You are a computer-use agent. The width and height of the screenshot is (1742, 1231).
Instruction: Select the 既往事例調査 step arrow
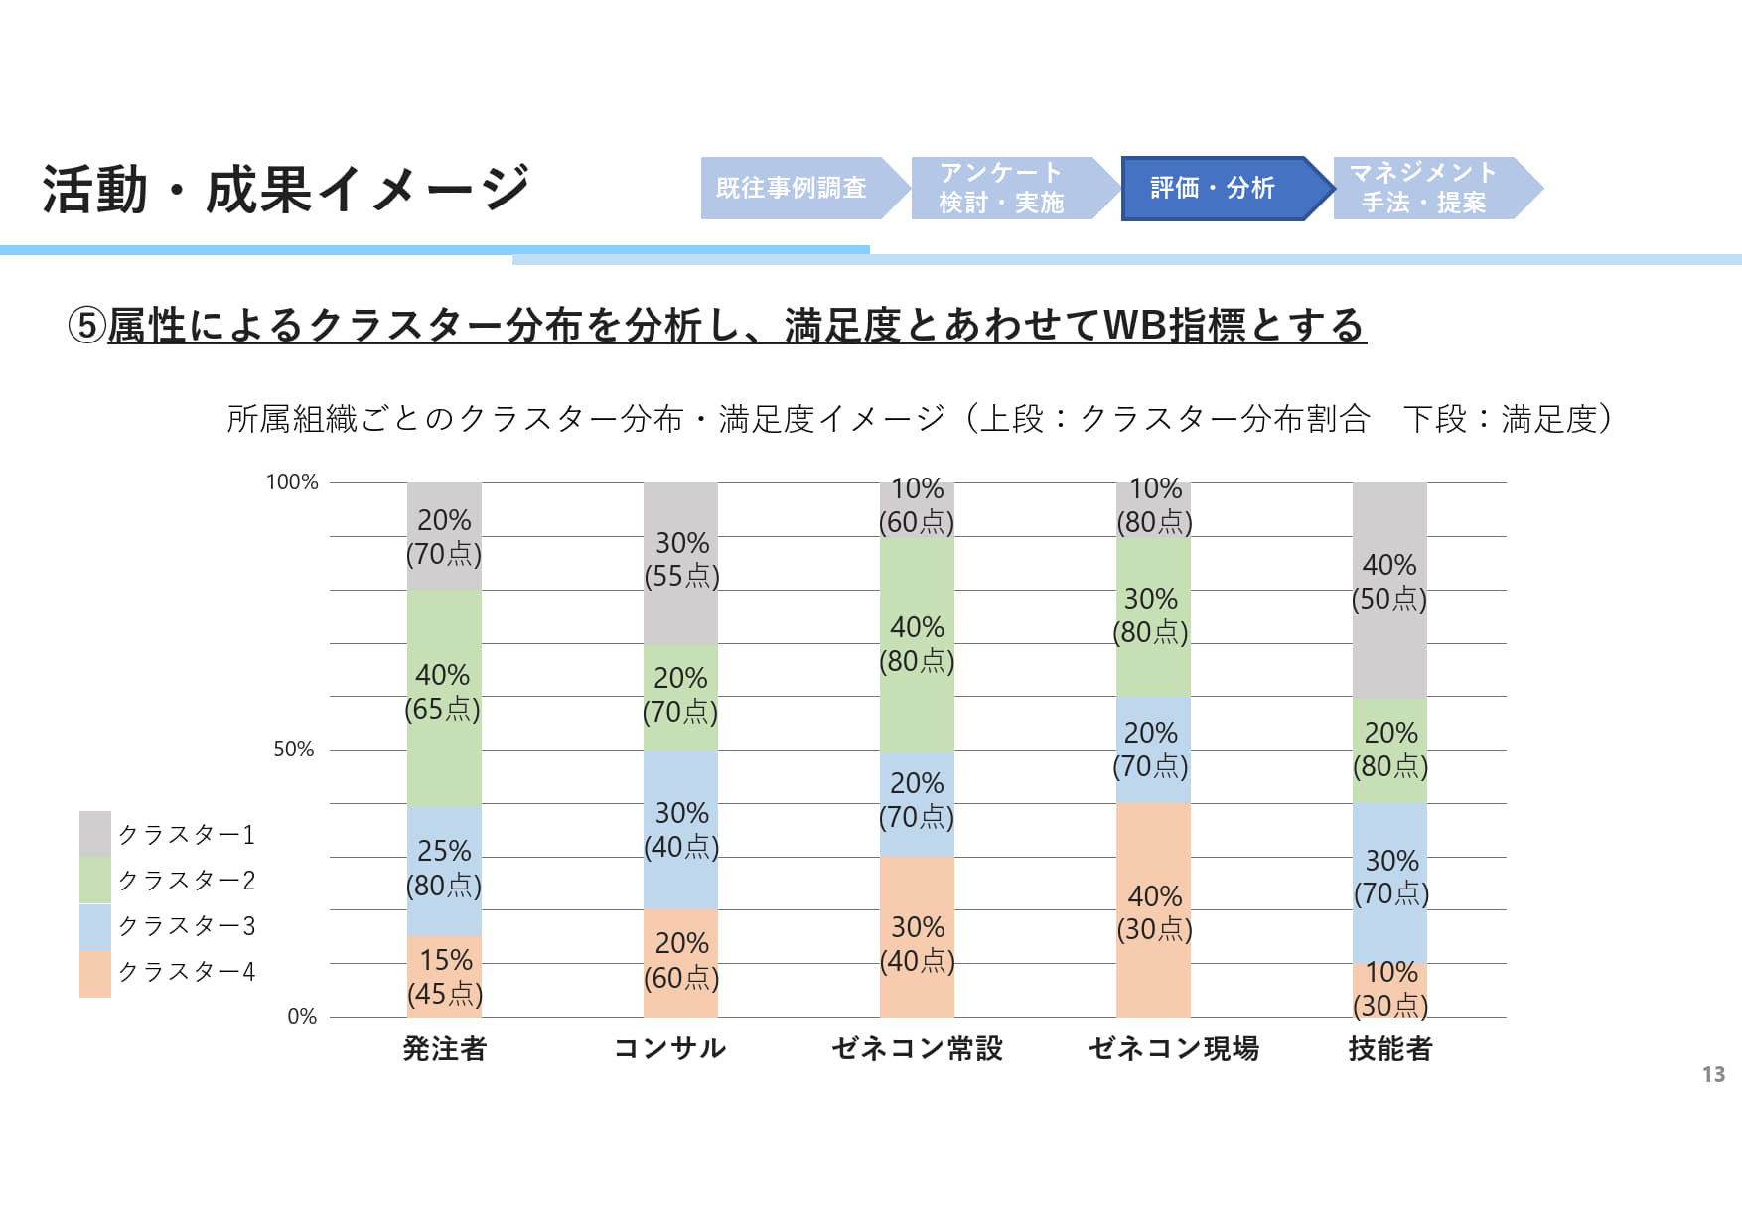tap(795, 188)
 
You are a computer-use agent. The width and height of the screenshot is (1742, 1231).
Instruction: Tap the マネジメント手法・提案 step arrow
tap(1428, 188)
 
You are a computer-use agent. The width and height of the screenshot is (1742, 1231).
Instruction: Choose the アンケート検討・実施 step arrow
tap(1005, 188)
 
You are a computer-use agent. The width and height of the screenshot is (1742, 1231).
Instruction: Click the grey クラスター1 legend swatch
tap(95, 834)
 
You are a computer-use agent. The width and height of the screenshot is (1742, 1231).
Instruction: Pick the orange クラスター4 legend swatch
tap(95, 973)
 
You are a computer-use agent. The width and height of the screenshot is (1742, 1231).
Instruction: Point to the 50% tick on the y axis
tap(294, 750)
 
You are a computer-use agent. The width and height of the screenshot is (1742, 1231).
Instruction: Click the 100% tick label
tap(292, 482)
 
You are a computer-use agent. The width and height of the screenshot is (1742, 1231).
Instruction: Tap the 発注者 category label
tap(444, 1048)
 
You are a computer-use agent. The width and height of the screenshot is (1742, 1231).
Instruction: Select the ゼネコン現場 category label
tap(1173, 1048)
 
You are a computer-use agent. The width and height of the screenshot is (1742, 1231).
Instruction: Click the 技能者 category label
tap(1389, 1048)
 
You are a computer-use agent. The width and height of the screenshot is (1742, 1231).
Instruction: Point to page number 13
tap(1713, 1074)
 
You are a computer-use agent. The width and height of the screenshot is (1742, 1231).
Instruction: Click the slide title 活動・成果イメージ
tap(286, 189)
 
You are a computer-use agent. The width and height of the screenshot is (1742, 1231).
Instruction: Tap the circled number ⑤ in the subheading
tap(86, 325)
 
